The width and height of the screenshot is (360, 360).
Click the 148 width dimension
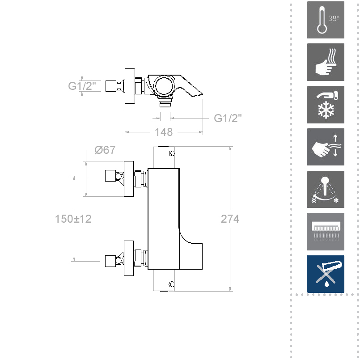164,132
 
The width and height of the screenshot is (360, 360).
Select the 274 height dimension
230,219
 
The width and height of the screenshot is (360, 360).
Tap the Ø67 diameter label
105,150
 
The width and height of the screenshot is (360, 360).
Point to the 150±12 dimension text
73,219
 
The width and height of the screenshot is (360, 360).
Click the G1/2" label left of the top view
82,86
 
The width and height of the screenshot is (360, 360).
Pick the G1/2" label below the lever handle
228,118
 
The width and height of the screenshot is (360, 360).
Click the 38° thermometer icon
325,20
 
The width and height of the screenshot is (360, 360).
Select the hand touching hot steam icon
325,62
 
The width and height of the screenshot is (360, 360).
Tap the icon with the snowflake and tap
325,105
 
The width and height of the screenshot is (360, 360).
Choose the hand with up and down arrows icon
325,147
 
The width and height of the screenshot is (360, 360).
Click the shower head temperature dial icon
325,189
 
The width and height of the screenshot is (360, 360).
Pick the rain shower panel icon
325,232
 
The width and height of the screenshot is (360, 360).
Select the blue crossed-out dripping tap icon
325,274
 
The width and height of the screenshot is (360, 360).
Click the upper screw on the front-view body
171,154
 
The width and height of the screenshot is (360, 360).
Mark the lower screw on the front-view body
171,284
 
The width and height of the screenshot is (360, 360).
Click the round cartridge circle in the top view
163,85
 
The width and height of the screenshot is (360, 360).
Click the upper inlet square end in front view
110,176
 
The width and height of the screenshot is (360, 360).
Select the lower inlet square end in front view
110,261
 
